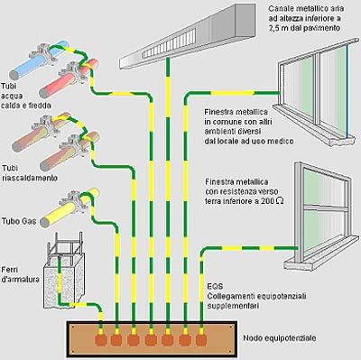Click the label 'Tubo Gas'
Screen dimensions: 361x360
click(x=19, y=221)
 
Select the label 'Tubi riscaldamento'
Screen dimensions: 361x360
click(x=30, y=172)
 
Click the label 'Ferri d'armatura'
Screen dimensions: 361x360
click(x=20, y=274)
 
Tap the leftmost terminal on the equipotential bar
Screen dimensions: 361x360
click(x=101, y=339)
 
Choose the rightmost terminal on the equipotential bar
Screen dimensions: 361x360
click(x=201, y=339)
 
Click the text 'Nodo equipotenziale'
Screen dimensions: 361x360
click(x=280, y=338)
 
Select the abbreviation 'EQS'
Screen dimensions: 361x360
click(x=216, y=286)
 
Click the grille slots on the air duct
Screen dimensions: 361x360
click(x=169, y=43)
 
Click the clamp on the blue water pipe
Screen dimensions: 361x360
click(x=43, y=54)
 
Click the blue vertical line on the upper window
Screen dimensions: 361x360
click(x=348, y=90)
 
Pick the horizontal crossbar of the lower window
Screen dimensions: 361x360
click(x=326, y=207)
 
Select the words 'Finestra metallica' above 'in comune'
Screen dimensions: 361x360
click(x=236, y=112)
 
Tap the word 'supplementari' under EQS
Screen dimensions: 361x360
click(x=233, y=306)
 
